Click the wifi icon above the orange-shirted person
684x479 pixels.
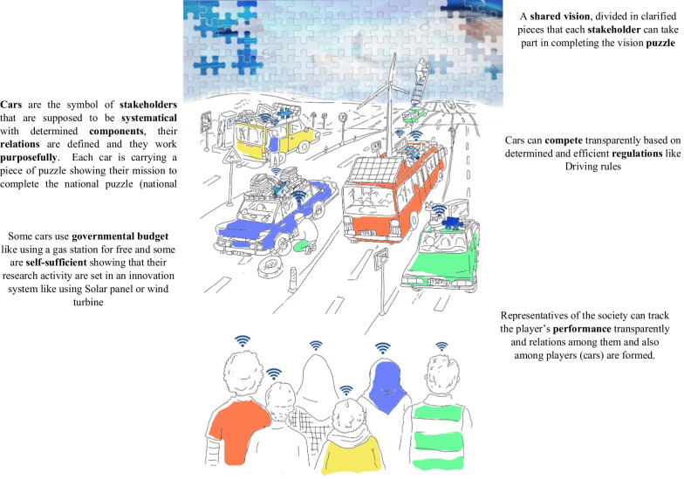[x=242, y=340]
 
